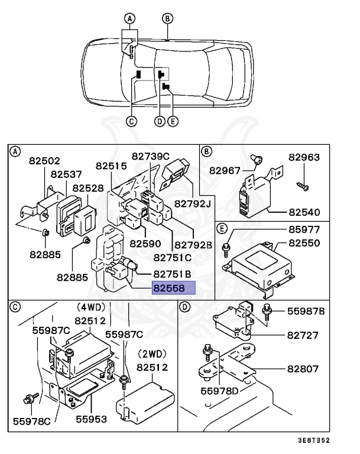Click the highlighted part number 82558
pos(173,288)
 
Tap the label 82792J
pos(193,204)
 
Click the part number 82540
pos(304,212)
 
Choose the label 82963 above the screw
pos(304,157)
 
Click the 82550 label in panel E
pos(304,243)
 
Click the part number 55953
pos(91,419)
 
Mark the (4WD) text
pos(90,308)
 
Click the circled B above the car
pos(168,18)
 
